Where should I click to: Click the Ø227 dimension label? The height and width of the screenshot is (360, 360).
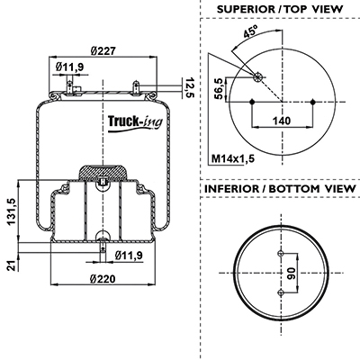[103, 50]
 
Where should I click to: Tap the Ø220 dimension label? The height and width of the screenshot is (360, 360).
[103, 279]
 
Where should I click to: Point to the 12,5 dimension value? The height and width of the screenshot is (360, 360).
[190, 87]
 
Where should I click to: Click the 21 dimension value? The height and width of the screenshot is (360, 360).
[12, 265]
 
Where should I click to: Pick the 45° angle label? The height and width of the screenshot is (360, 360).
[251, 31]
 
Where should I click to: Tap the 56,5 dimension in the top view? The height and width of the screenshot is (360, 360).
[220, 88]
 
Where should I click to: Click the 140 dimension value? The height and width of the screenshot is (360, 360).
[282, 121]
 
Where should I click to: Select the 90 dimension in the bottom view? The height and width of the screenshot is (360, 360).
[291, 274]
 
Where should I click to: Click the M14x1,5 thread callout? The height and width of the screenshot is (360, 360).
[233, 158]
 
